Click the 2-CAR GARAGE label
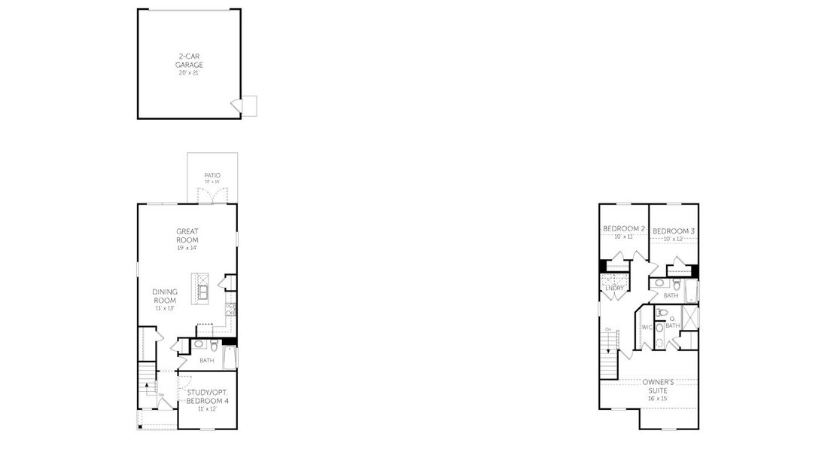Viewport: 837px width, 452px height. pos(190,60)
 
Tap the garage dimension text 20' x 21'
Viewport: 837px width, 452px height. pos(190,74)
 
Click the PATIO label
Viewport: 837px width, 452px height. pos(212,176)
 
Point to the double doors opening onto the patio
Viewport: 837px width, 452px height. pos(212,195)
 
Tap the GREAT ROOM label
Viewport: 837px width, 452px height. pos(187,236)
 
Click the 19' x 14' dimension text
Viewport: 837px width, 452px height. pos(187,248)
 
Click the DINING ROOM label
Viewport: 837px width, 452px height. pos(164,296)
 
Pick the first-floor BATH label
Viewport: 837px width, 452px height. pos(206,360)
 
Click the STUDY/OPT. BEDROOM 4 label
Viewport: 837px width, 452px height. pos(206,397)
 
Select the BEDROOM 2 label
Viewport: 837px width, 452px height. pos(623,229)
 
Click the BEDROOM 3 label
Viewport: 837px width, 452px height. pos(673,231)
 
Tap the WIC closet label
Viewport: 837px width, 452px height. pos(646,326)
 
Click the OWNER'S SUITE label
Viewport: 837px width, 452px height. pos(657,386)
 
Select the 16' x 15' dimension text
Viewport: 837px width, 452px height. pos(657,398)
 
